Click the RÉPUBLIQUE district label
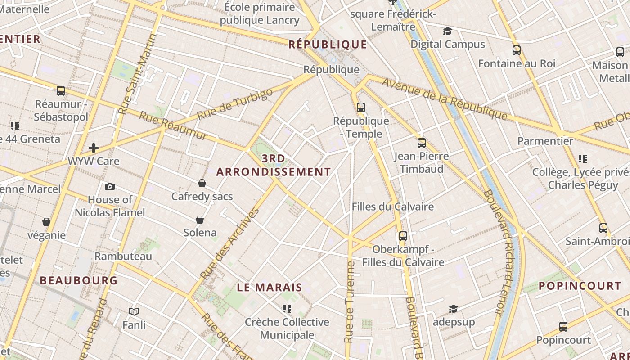(x=328, y=44)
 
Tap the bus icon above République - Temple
(x=360, y=107)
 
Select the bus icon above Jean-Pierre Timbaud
(x=421, y=143)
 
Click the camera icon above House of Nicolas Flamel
(x=109, y=186)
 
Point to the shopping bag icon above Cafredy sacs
(x=202, y=183)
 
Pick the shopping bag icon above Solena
(x=200, y=220)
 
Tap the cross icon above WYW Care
(x=94, y=148)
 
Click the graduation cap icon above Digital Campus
(x=447, y=31)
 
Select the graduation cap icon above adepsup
(x=453, y=309)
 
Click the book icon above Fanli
(x=134, y=311)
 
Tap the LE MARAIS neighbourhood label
(x=270, y=288)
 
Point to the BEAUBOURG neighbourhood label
(x=79, y=280)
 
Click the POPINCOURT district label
(x=580, y=286)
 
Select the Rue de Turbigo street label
(x=235, y=104)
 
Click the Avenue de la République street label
(x=445, y=99)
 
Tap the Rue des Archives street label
(x=229, y=243)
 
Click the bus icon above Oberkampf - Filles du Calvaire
(x=403, y=236)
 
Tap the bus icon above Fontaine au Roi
(x=516, y=50)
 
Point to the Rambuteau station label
(x=123, y=256)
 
